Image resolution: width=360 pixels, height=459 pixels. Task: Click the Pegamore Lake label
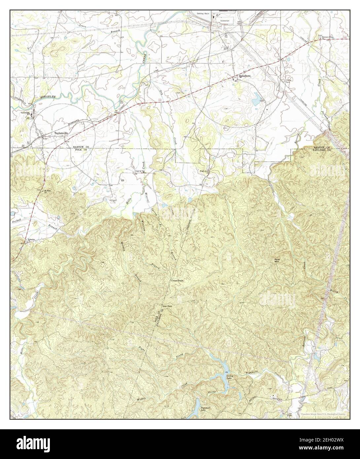206,408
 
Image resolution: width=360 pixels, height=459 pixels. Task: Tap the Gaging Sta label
140,171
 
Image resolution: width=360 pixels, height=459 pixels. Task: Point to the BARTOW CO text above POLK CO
77,146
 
